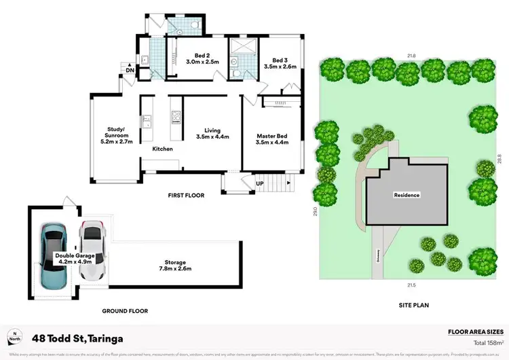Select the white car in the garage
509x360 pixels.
[90, 250]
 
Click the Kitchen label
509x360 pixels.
[162, 149]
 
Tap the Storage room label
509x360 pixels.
[174, 265]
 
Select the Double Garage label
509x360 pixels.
[75, 259]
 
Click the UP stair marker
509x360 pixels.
[259, 183]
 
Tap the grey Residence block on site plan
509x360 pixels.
[407, 195]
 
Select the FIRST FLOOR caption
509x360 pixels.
[186, 196]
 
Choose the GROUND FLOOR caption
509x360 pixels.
[125, 310]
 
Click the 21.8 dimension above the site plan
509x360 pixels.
[411, 56]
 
